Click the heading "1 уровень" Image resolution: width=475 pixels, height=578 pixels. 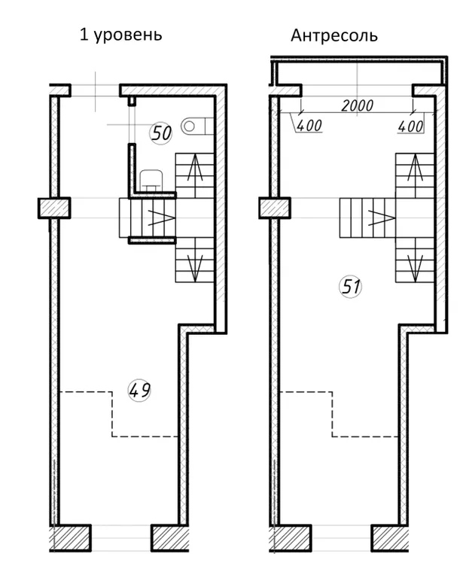121,35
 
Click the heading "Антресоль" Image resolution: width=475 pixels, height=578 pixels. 334,36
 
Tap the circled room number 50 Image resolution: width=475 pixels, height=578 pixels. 161,133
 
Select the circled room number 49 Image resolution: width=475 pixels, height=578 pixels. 140,391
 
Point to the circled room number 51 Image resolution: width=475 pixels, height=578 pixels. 350,287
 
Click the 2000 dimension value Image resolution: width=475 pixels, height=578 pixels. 357,106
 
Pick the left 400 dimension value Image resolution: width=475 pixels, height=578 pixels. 309,126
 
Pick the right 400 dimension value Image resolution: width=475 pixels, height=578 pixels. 410,126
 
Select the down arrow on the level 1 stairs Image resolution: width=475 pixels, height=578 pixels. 195,266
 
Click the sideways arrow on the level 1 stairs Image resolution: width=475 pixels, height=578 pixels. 161,218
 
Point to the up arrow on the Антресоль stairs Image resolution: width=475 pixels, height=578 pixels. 416,168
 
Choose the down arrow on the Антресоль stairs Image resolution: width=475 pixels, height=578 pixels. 416,266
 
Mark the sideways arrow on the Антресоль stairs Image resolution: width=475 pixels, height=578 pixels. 382,218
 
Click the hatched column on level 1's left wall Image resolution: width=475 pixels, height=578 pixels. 54,208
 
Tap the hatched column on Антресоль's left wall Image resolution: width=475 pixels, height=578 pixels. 275,208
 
